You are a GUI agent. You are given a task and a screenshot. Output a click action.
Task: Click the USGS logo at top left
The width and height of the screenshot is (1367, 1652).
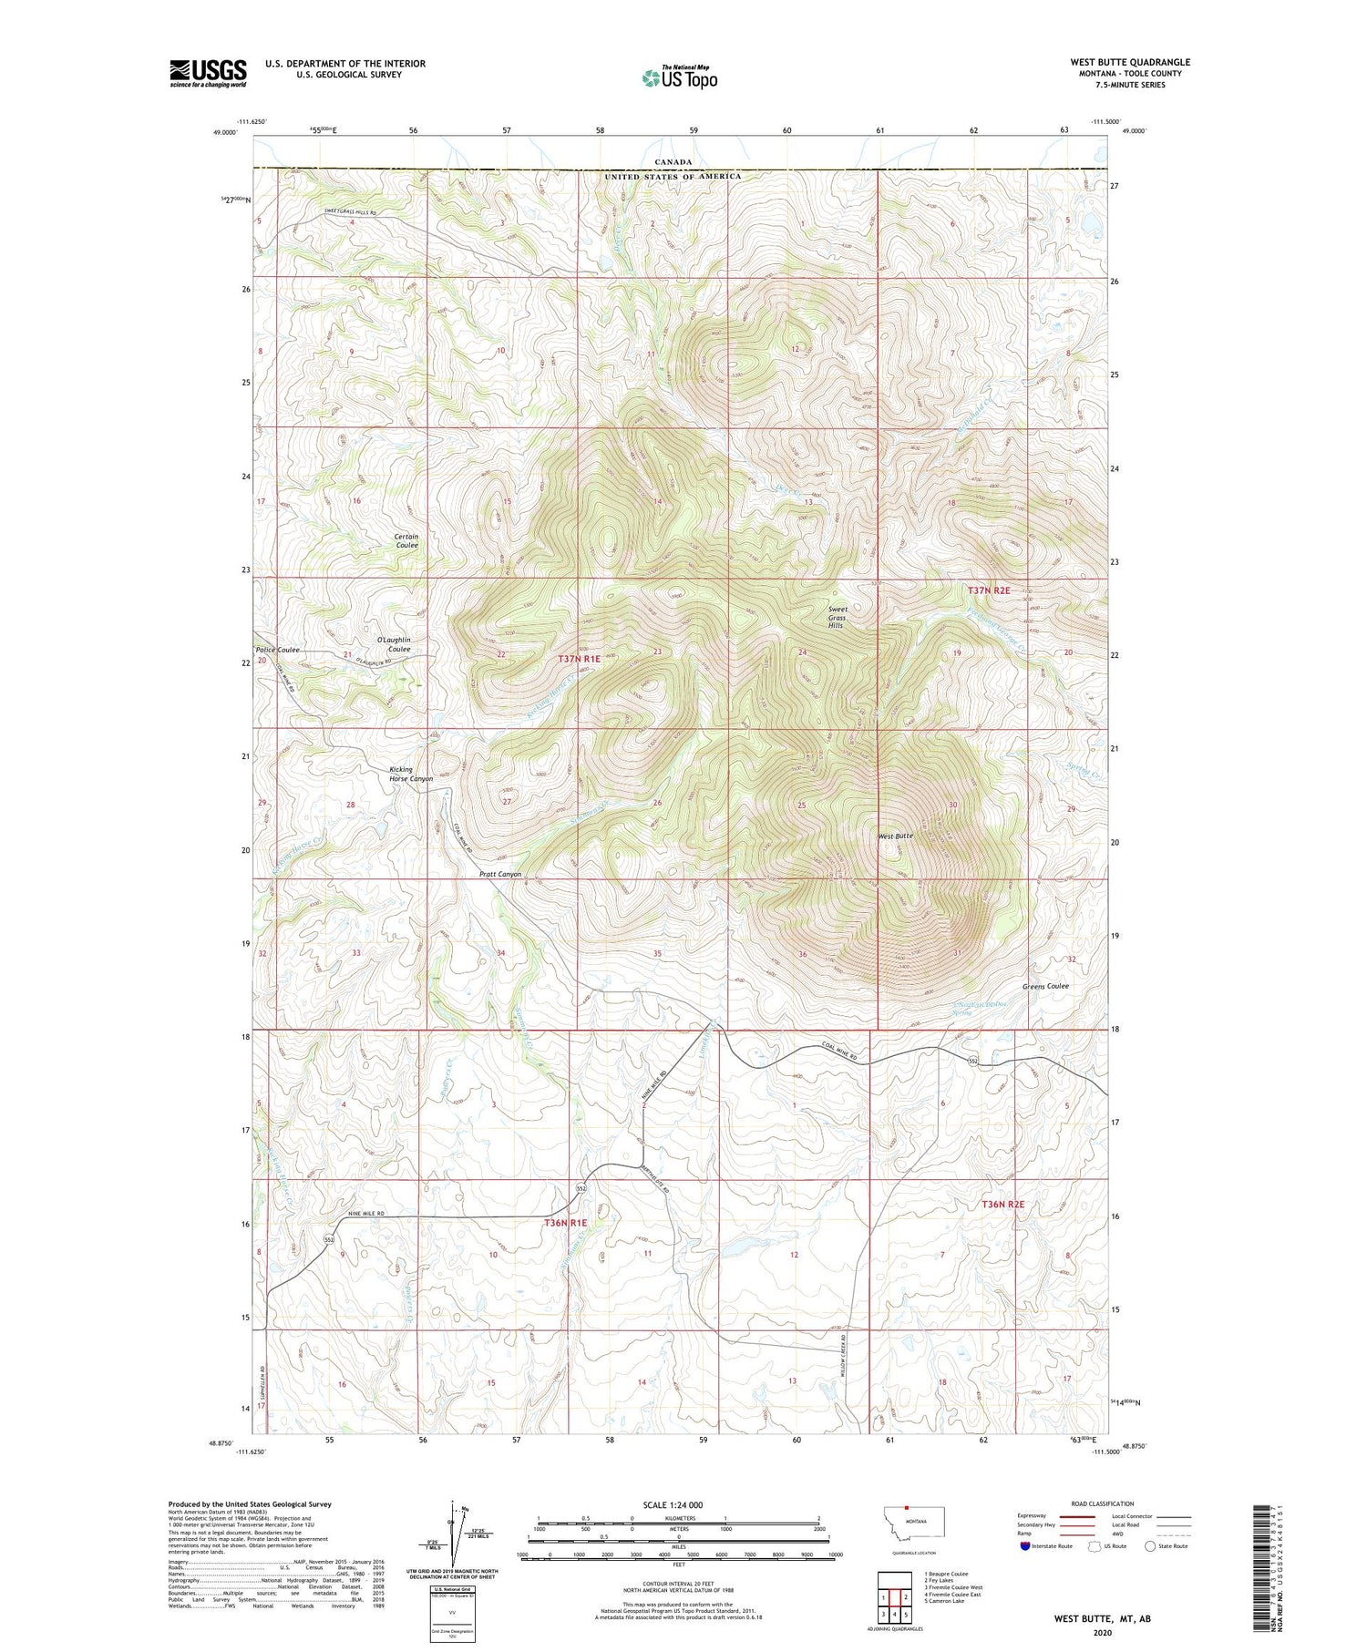[x=208, y=73]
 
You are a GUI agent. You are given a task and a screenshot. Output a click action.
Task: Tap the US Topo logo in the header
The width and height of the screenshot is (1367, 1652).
[x=680, y=78]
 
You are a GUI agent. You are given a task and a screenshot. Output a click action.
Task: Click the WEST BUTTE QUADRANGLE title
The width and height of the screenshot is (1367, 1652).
[x=1130, y=62]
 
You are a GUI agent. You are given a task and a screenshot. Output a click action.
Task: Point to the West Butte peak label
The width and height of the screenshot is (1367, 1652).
[x=895, y=836]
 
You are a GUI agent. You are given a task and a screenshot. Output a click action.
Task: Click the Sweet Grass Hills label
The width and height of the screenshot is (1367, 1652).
[x=837, y=618]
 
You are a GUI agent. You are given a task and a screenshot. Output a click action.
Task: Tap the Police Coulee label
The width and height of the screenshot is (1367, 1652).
[x=277, y=650]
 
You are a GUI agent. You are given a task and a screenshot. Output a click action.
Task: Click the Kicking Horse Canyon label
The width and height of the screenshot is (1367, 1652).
[x=410, y=775]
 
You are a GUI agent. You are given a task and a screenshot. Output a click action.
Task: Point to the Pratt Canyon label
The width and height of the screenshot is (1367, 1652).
[x=500, y=874]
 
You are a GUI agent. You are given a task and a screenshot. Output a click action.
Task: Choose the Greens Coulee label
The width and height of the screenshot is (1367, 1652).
[x=1045, y=986]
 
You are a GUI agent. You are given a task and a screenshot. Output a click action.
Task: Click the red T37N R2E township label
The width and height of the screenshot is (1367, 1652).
[x=989, y=590]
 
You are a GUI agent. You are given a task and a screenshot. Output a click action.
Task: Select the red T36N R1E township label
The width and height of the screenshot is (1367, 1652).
[x=565, y=1222]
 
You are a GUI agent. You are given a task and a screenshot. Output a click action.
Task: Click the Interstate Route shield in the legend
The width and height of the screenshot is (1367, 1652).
[x=1025, y=1545]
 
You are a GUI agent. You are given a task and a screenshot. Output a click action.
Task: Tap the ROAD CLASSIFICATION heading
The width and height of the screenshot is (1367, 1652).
[x=1103, y=1503]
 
